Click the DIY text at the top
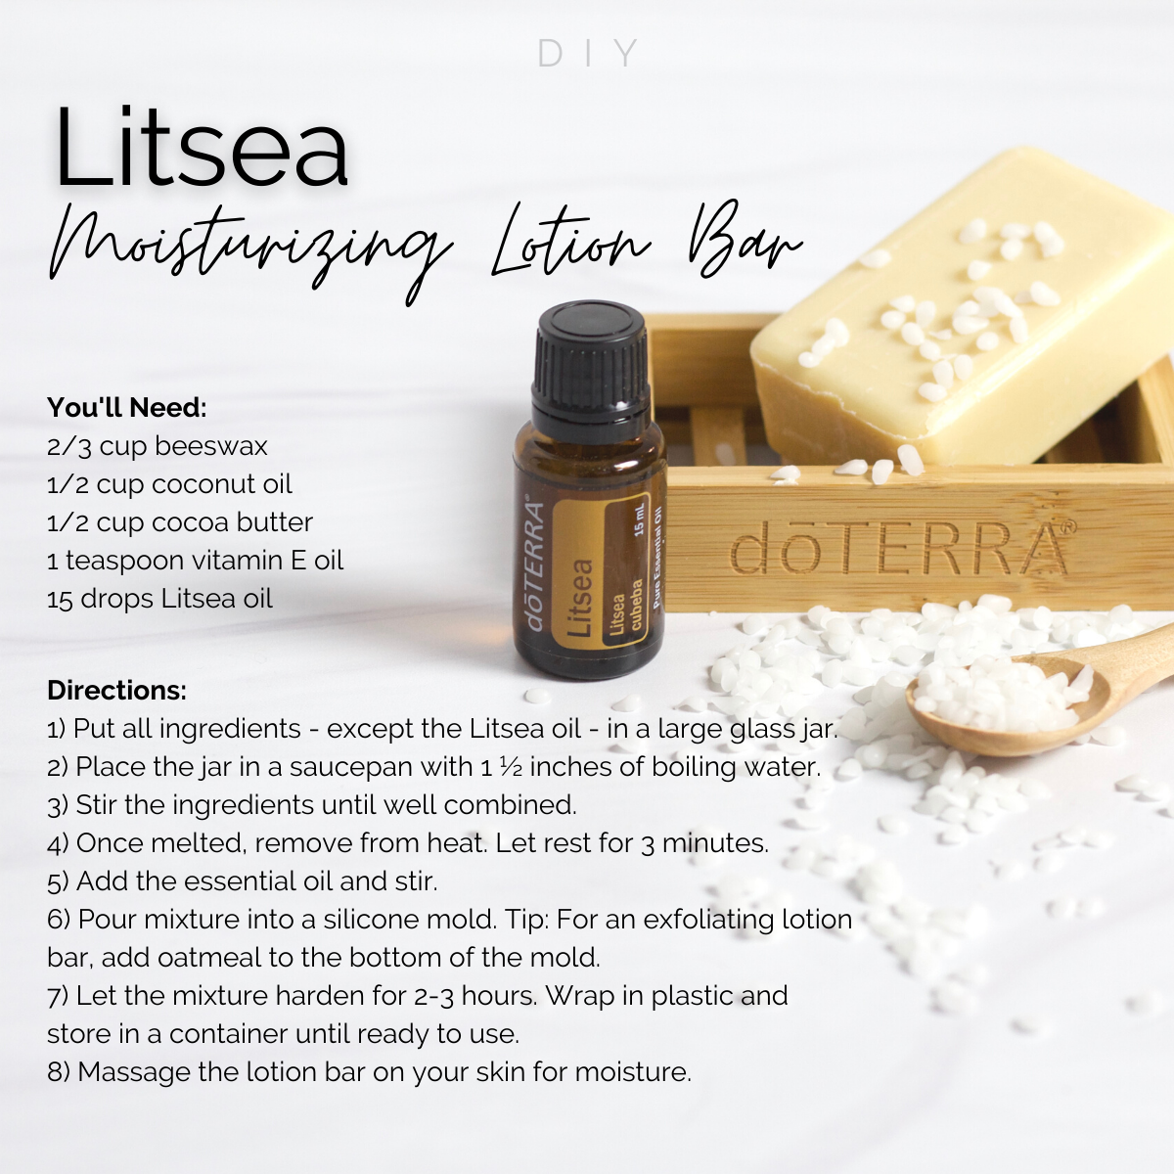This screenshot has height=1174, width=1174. tap(588, 53)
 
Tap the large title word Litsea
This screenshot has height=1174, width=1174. tap(202, 147)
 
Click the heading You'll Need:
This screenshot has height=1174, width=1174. tap(127, 408)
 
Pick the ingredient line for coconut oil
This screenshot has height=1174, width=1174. tap(169, 484)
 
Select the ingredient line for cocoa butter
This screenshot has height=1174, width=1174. tap(180, 522)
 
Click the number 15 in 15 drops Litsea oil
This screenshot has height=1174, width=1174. tap(60, 599)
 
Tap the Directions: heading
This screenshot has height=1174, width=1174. tap(116, 691)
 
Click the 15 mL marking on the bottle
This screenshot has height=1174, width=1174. tap(639, 519)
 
